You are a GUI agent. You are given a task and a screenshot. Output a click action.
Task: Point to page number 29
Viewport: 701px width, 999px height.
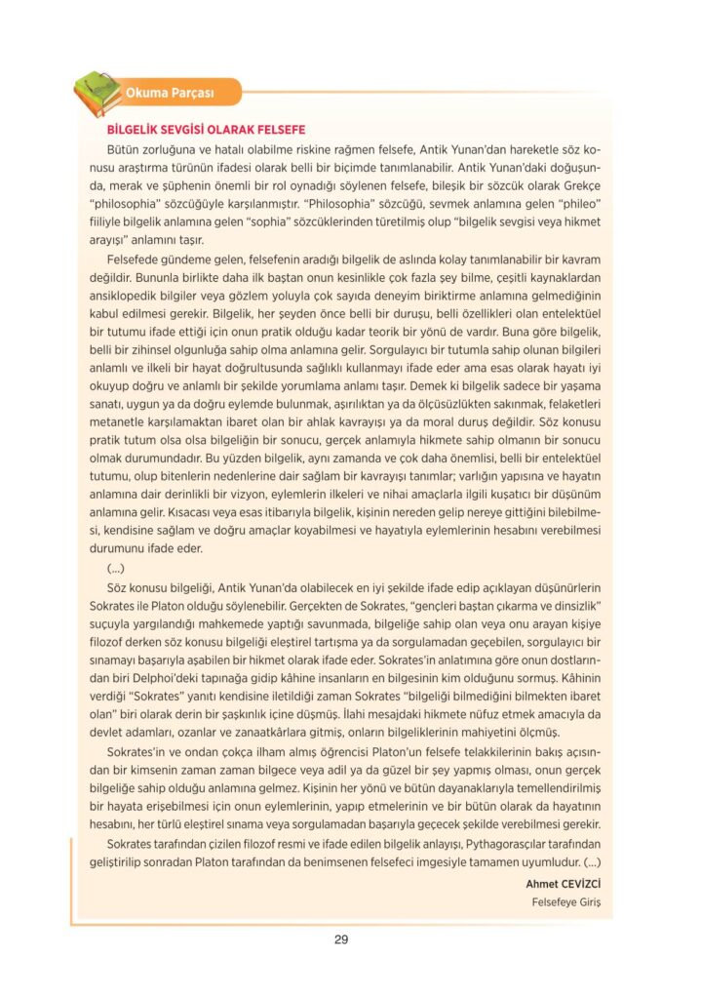click(341, 939)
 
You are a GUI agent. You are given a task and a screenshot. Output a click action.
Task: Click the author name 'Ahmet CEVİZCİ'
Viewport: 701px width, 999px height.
click(563, 883)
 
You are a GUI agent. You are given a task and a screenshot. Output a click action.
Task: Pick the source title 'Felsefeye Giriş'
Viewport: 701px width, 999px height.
click(565, 901)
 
